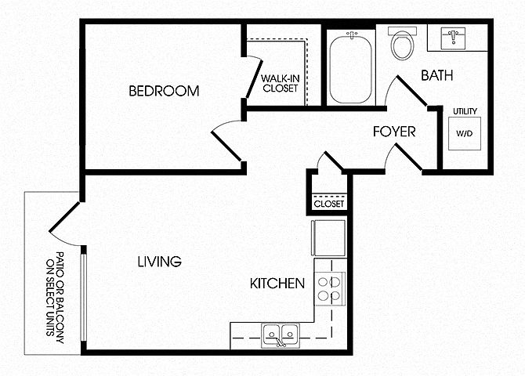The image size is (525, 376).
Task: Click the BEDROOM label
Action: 164,91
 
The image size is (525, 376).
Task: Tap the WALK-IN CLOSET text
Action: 281,83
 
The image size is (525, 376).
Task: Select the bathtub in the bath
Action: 350,67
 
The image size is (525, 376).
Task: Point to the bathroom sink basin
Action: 454,38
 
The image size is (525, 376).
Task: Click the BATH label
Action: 437,75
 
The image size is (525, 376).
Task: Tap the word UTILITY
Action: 465,111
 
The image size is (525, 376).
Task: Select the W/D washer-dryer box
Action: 465,133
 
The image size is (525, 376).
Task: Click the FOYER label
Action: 394,132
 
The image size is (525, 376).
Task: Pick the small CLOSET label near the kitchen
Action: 329,204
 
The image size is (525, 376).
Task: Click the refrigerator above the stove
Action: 328,237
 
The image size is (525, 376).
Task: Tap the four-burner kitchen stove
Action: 330,288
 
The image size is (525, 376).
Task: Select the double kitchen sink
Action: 281,335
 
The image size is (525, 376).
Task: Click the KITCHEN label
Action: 277,284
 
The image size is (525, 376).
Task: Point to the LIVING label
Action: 159,262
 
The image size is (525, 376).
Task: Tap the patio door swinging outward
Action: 64,217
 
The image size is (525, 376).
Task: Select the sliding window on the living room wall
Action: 83,298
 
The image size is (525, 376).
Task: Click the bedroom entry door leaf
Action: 226,146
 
